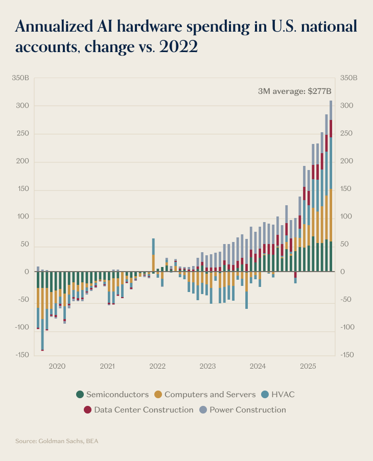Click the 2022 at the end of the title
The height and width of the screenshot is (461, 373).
tap(178, 47)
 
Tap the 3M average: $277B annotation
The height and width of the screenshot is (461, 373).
tap(295, 91)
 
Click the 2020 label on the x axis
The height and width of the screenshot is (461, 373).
tap(57, 366)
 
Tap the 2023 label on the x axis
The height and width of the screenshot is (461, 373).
tap(207, 366)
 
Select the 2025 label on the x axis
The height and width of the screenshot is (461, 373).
tap(308, 366)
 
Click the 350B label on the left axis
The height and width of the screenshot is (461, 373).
tap(20, 78)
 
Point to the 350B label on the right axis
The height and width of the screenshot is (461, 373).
tap(348, 78)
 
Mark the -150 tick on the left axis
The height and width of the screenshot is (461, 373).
tap(21, 355)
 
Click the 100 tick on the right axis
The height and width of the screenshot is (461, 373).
tap(346, 216)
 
